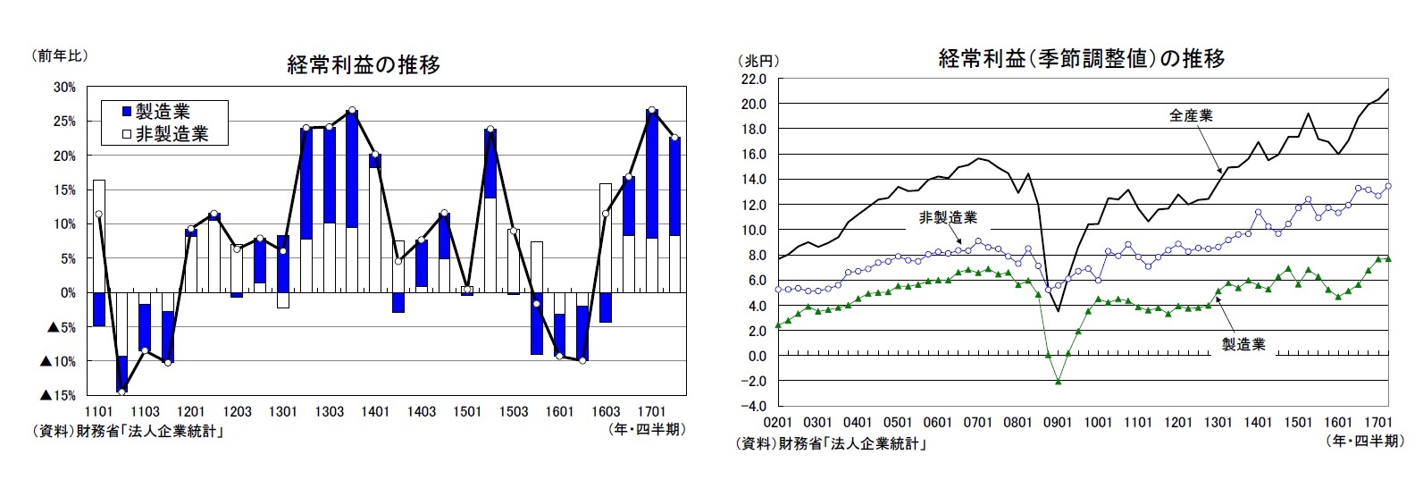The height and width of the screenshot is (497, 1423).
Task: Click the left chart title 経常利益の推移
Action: (364, 65)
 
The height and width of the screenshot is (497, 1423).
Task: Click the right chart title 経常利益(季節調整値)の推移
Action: (1081, 59)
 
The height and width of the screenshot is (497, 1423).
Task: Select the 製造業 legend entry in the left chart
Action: (156, 112)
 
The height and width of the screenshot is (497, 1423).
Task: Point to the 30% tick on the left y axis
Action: (64, 87)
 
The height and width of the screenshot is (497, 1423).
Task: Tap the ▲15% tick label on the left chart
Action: (57, 395)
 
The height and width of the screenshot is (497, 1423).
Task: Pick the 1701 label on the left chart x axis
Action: (652, 412)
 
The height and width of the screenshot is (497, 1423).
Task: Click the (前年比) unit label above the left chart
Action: (60, 55)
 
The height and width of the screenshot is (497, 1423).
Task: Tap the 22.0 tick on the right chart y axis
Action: (755, 79)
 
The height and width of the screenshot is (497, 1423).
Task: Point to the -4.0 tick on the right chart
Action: (755, 407)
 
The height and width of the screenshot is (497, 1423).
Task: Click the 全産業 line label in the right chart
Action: (1192, 115)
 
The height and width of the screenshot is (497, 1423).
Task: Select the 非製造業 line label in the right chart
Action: (948, 217)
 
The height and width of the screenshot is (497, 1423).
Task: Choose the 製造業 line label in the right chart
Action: (1243, 345)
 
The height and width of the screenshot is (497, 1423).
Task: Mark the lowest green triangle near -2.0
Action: (1059, 382)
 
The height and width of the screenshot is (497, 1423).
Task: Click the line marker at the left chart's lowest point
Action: (121, 392)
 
